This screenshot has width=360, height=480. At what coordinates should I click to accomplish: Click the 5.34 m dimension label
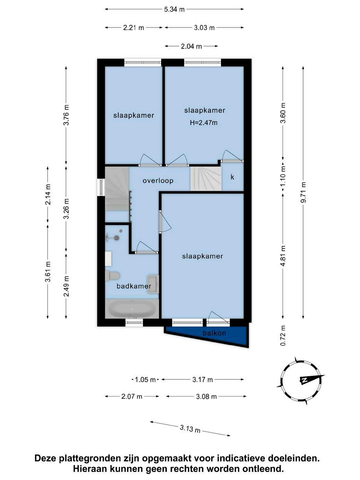(x=174, y=9)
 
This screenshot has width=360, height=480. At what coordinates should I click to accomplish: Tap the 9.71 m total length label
(x=303, y=192)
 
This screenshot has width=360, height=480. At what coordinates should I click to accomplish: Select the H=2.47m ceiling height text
(x=204, y=122)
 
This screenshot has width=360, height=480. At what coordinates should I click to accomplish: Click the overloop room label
(x=158, y=181)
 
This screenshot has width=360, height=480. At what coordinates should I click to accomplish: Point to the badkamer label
(x=134, y=286)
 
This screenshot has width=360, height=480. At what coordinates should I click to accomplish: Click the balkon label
(x=214, y=333)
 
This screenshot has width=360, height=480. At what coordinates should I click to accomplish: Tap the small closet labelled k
(x=232, y=177)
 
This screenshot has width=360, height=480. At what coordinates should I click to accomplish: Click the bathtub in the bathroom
(x=132, y=309)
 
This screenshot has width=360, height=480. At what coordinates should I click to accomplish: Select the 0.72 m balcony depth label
(x=283, y=335)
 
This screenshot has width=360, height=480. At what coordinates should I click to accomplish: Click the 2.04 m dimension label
(x=191, y=46)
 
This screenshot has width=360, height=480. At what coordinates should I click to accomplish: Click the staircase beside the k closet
(x=206, y=179)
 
